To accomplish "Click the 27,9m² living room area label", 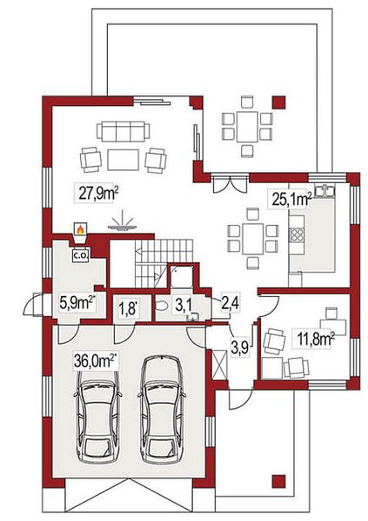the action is pos(98,193).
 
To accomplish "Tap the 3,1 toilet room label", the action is pos(184,306).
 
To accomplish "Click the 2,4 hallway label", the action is pos(231,303).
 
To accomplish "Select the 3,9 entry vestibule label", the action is pos(240,347).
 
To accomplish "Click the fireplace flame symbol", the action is pos(80,229).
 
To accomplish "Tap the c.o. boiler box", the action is pos(80,255).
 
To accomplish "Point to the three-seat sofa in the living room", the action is pos(124,131).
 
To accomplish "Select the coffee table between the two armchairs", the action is pos(124,160).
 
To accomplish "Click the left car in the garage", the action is pos(98,409).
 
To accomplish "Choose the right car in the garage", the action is pos(162,409).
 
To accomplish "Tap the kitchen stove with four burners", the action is pos(297,234).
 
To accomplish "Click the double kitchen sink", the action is pos(324,192).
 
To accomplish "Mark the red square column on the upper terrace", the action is pos(278,102).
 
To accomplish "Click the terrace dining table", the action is pos(247,126).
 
